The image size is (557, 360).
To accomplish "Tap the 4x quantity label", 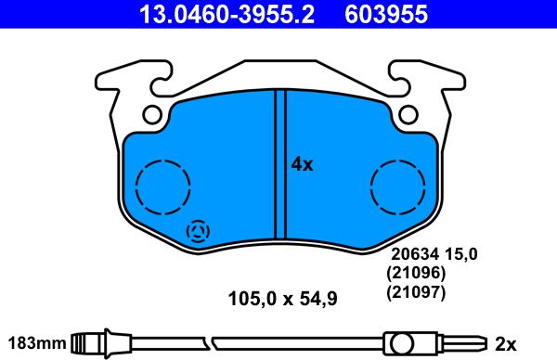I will [x=303, y=164].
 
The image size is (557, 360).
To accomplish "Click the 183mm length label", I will [x=35, y=341].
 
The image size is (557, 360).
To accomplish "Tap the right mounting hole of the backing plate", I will [x=407, y=115].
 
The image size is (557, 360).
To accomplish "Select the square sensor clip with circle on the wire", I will [x=401, y=342].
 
